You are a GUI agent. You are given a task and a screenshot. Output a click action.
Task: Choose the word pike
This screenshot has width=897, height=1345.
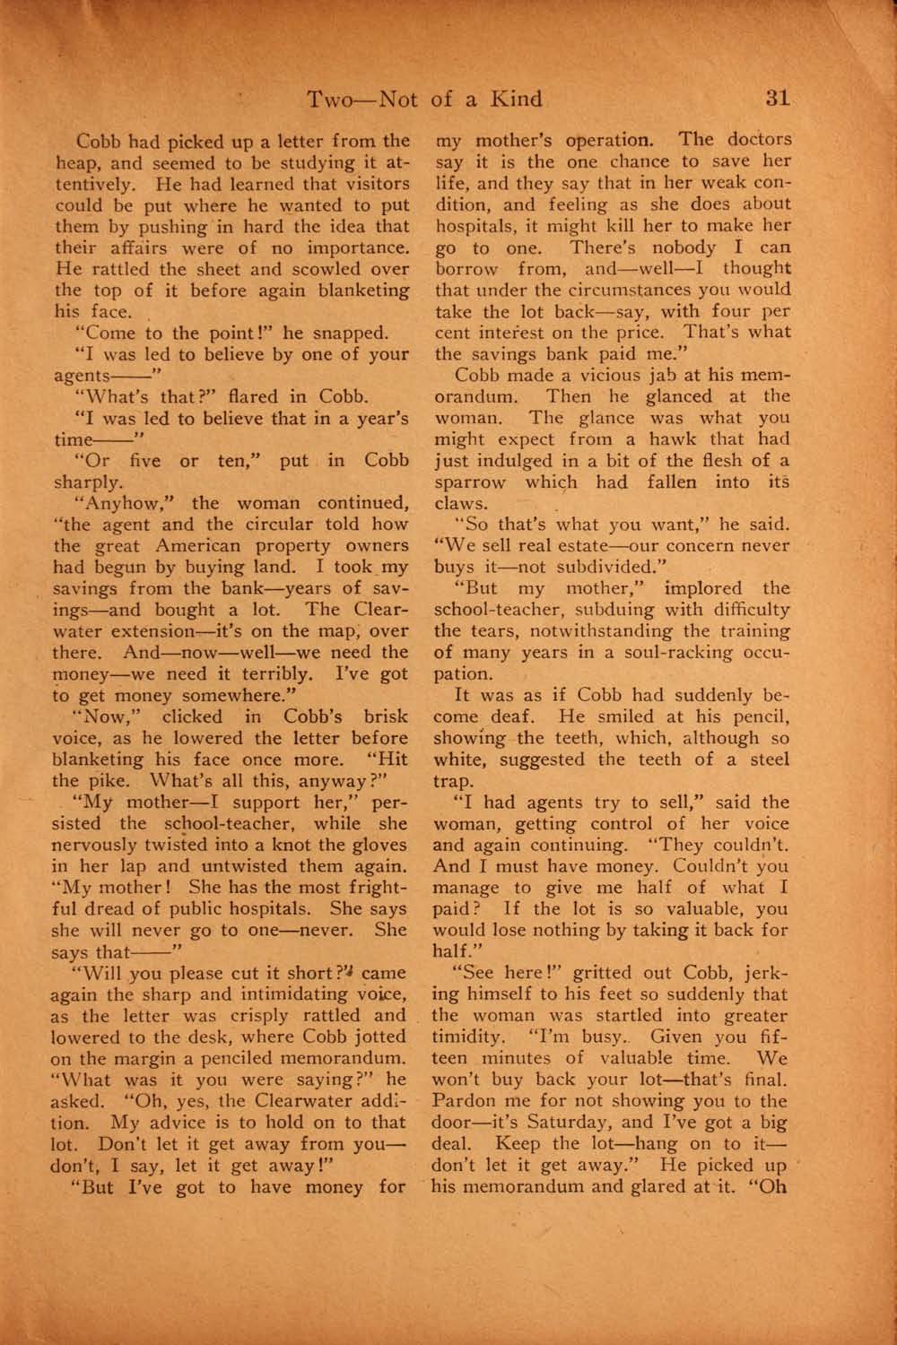tap(112, 780)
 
